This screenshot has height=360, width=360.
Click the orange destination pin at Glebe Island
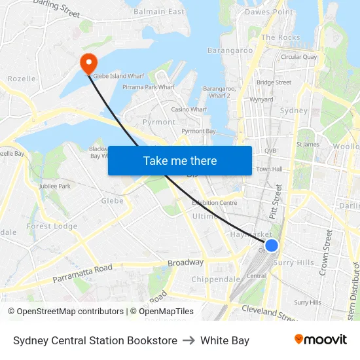pos(88,63)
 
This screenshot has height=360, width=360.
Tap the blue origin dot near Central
pos(272,245)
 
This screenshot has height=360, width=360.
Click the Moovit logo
pos(321,340)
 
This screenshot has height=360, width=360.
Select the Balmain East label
pos(159,12)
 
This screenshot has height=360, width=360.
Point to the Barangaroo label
pos(230,50)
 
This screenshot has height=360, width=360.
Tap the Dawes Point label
pos(269,12)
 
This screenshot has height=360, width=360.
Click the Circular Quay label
pos(299,57)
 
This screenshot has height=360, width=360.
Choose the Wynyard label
pos(261,100)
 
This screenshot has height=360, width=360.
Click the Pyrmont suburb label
pos(159,122)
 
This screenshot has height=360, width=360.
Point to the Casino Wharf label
pos(189,109)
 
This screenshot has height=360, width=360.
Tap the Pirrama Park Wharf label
pos(149,86)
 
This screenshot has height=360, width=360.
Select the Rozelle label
pos(22,79)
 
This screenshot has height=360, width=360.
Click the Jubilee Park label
pos(55,187)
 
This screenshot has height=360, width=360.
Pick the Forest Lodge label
pos(52,226)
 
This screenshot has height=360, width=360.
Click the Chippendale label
pos(216,279)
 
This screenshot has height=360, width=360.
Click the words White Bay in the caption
pos(225,340)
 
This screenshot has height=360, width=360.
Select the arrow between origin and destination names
pos(189,340)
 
